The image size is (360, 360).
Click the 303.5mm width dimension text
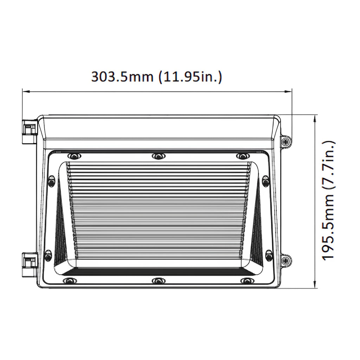[x=156, y=77]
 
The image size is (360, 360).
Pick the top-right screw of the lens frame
[x=242, y=156]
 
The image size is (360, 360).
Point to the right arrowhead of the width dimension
[x=290, y=92]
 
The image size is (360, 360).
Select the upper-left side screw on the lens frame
[x=51, y=181]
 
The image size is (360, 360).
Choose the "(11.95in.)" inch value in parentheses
[x=189, y=77]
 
